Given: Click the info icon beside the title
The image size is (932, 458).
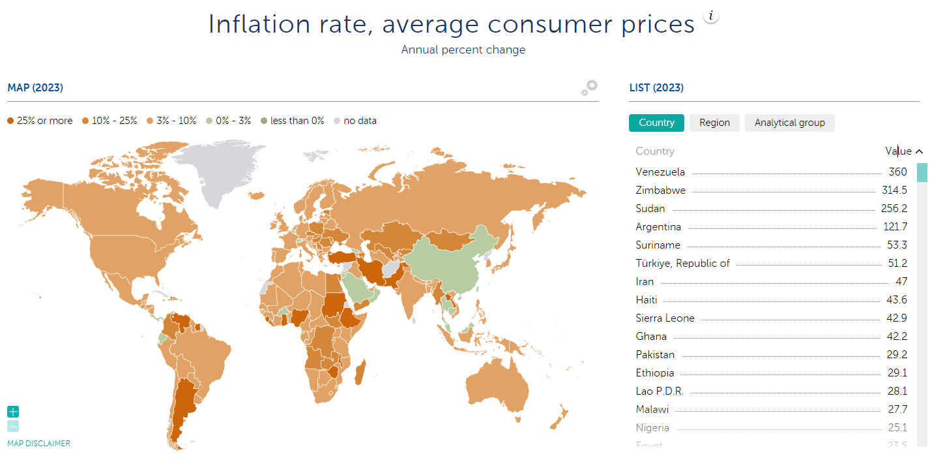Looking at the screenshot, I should (x=711, y=16).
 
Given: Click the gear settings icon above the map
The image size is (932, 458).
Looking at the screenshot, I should (x=590, y=88).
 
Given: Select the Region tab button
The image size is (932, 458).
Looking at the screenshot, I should (x=714, y=123).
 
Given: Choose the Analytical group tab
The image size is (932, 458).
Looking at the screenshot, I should (x=789, y=123).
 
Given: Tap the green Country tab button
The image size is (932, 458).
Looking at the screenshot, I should (x=656, y=123).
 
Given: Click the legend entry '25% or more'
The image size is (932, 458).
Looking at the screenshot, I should (x=40, y=121).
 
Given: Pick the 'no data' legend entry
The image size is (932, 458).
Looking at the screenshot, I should (x=355, y=121).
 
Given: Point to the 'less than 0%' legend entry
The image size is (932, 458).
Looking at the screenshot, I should (x=292, y=121).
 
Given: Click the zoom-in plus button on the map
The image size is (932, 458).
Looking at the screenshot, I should (x=13, y=412).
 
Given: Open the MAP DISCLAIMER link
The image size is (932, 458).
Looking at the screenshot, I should (x=38, y=444).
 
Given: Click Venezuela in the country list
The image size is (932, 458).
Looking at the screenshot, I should (x=660, y=172).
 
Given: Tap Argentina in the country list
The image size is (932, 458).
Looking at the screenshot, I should (x=658, y=227).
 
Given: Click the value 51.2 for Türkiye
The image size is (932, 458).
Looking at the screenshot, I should (x=897, y=264).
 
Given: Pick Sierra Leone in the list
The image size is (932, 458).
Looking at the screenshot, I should (x=665, y=318).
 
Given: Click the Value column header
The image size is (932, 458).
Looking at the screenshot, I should (x=898, y=151).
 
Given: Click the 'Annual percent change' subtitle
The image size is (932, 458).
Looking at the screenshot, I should (x=463, y=50).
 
